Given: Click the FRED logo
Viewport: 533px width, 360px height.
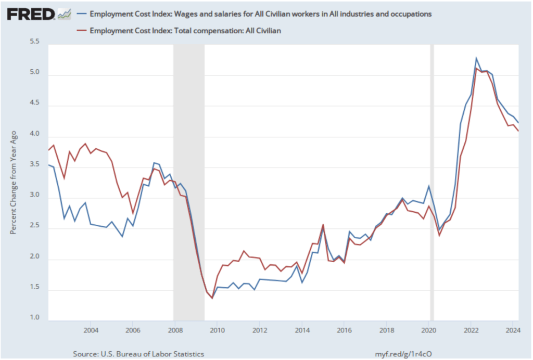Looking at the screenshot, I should click(x=31, y=14).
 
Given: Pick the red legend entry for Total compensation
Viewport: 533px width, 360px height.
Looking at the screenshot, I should click(x=185, y=31).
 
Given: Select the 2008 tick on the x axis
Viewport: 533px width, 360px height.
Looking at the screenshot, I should click(x=175, y=330).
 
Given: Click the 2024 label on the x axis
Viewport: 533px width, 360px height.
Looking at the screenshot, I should click(x=513, y=330).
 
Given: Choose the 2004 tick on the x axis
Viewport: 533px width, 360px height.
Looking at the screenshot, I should click(x=91, y=330).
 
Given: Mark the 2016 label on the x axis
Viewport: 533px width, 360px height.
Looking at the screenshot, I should click(x=344, y=330).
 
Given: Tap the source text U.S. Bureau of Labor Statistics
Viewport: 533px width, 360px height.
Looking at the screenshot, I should click(x=138, y=354).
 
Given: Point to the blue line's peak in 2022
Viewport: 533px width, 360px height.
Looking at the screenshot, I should click(x=476, y=58).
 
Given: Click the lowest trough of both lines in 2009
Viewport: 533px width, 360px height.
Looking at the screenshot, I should click(x=212, y=298).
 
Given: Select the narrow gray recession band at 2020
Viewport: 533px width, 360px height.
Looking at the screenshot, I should click(x=431, y=182).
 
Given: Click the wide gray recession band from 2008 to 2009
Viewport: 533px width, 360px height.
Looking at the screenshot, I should click(x=188, y=182).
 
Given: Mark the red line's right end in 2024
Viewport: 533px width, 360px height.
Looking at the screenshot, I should click(x=518, y=131).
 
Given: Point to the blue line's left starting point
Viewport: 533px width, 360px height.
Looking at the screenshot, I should click(x=48, y=165).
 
